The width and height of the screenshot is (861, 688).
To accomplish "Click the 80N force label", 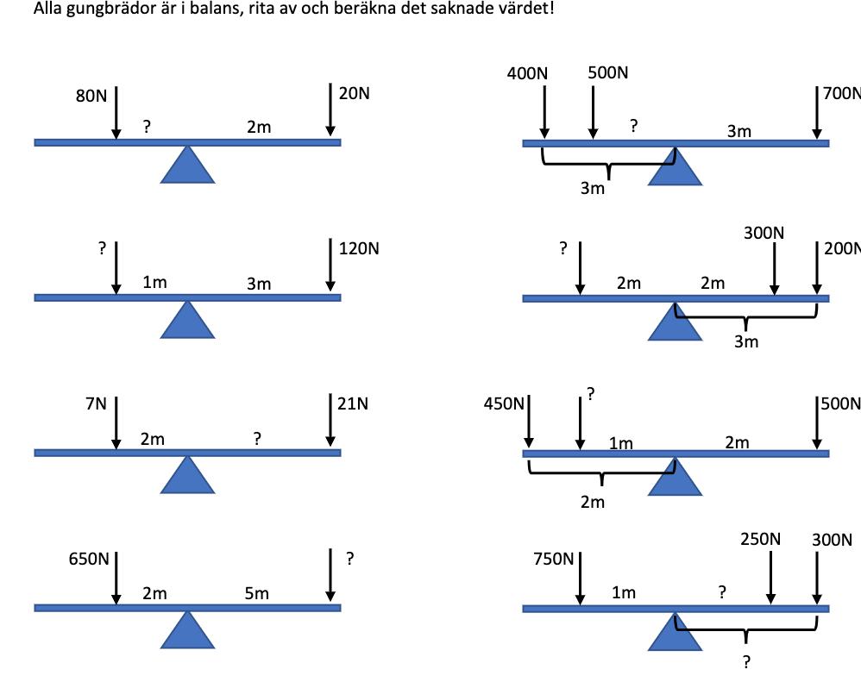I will click(x=91, y=96).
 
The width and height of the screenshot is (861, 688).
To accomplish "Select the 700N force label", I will click(x=842, y=93).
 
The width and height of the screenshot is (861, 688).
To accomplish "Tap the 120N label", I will click(x=359, y=249).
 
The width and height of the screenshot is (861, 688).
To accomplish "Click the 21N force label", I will click(x=354, y=403).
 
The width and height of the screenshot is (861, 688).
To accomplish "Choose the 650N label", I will click(x=89, y=559).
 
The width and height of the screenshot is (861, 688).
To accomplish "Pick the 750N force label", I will click(x=554, y=559).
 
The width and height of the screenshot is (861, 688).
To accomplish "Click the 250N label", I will click(x=760, y=539).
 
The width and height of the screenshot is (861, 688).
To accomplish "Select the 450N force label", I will click(x=505, y=403).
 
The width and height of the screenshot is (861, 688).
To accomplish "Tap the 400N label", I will click(x=527, y=74).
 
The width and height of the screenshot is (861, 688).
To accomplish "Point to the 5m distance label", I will click(x=256, y=593).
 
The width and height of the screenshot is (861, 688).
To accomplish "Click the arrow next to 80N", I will click(x=116, y=111).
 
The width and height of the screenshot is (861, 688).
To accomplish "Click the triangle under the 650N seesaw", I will click(x=187, y=629).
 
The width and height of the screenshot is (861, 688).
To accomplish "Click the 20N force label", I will click(x=354, y=93).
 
